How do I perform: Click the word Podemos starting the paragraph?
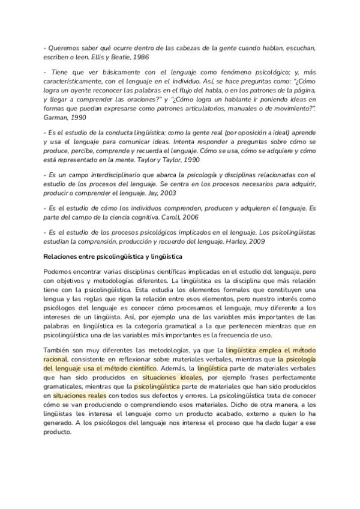click(58, 272)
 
